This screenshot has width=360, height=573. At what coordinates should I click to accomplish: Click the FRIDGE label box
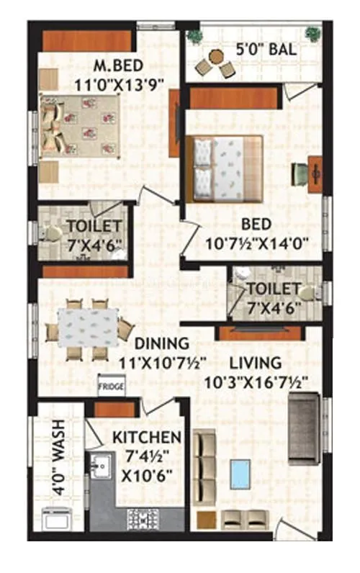coord(112,387)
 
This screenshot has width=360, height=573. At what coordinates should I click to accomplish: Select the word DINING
coord(163,343)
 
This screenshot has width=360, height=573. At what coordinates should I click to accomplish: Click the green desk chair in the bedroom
coord(300,173)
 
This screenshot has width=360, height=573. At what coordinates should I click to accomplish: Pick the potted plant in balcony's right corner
coord(312,33)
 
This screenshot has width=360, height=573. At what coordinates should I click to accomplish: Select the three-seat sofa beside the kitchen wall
coord(206,466)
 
